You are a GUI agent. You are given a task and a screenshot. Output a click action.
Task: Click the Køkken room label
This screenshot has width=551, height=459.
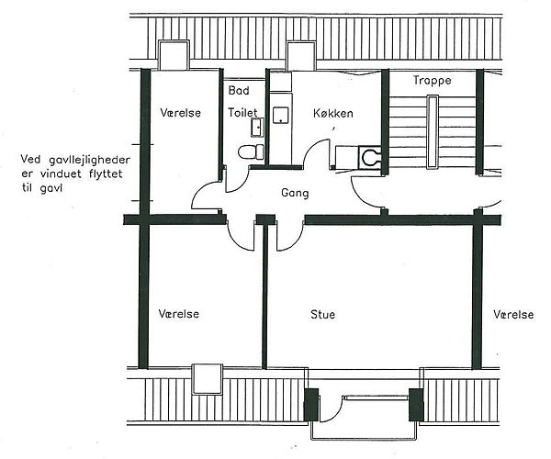(x=332, y=113)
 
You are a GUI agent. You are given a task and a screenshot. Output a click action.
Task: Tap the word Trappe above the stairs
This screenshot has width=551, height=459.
(x=432, y=81)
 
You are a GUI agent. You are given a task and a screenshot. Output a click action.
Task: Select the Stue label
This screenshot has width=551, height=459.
(x=322, y=314)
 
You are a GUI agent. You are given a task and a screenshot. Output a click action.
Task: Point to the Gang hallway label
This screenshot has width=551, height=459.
(x=295, y=193)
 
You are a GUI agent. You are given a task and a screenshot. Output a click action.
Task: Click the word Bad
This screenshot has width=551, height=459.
(x=239, y=90)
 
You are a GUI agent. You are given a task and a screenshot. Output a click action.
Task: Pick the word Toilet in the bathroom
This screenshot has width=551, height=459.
(x=242, y=112)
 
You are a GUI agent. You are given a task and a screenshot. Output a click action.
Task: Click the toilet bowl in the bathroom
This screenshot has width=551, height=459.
(x=251, y=152)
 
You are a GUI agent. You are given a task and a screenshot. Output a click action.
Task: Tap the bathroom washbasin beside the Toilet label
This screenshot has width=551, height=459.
(x=257, y=127)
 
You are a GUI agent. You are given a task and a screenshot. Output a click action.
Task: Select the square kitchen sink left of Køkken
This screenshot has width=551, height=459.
(x=281, y=115)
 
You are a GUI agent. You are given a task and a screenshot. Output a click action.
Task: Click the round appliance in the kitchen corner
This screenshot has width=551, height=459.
(x=370, y=157)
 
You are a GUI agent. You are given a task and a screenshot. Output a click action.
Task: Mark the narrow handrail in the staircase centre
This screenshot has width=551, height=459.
(x=432, y=132)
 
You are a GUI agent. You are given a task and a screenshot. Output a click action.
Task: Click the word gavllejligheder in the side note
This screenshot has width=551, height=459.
(x=89, y=160)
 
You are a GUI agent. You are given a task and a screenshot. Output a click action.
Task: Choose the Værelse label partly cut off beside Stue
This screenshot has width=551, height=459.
(x=513, y=314)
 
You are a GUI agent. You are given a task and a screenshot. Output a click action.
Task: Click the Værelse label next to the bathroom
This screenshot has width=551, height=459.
(x=181, y=113)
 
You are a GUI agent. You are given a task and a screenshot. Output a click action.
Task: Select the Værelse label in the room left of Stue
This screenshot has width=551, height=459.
(x=178, y=314)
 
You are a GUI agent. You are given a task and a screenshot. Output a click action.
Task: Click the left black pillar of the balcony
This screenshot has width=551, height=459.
(x=311, y=404)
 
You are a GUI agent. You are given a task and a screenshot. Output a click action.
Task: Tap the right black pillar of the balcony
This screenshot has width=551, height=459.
(x=416, y=404)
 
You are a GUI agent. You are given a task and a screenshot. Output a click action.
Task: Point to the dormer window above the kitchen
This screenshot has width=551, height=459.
(x=301, y=56)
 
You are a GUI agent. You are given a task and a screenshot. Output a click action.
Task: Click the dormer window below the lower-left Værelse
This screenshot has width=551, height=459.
(x=208, y=379)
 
